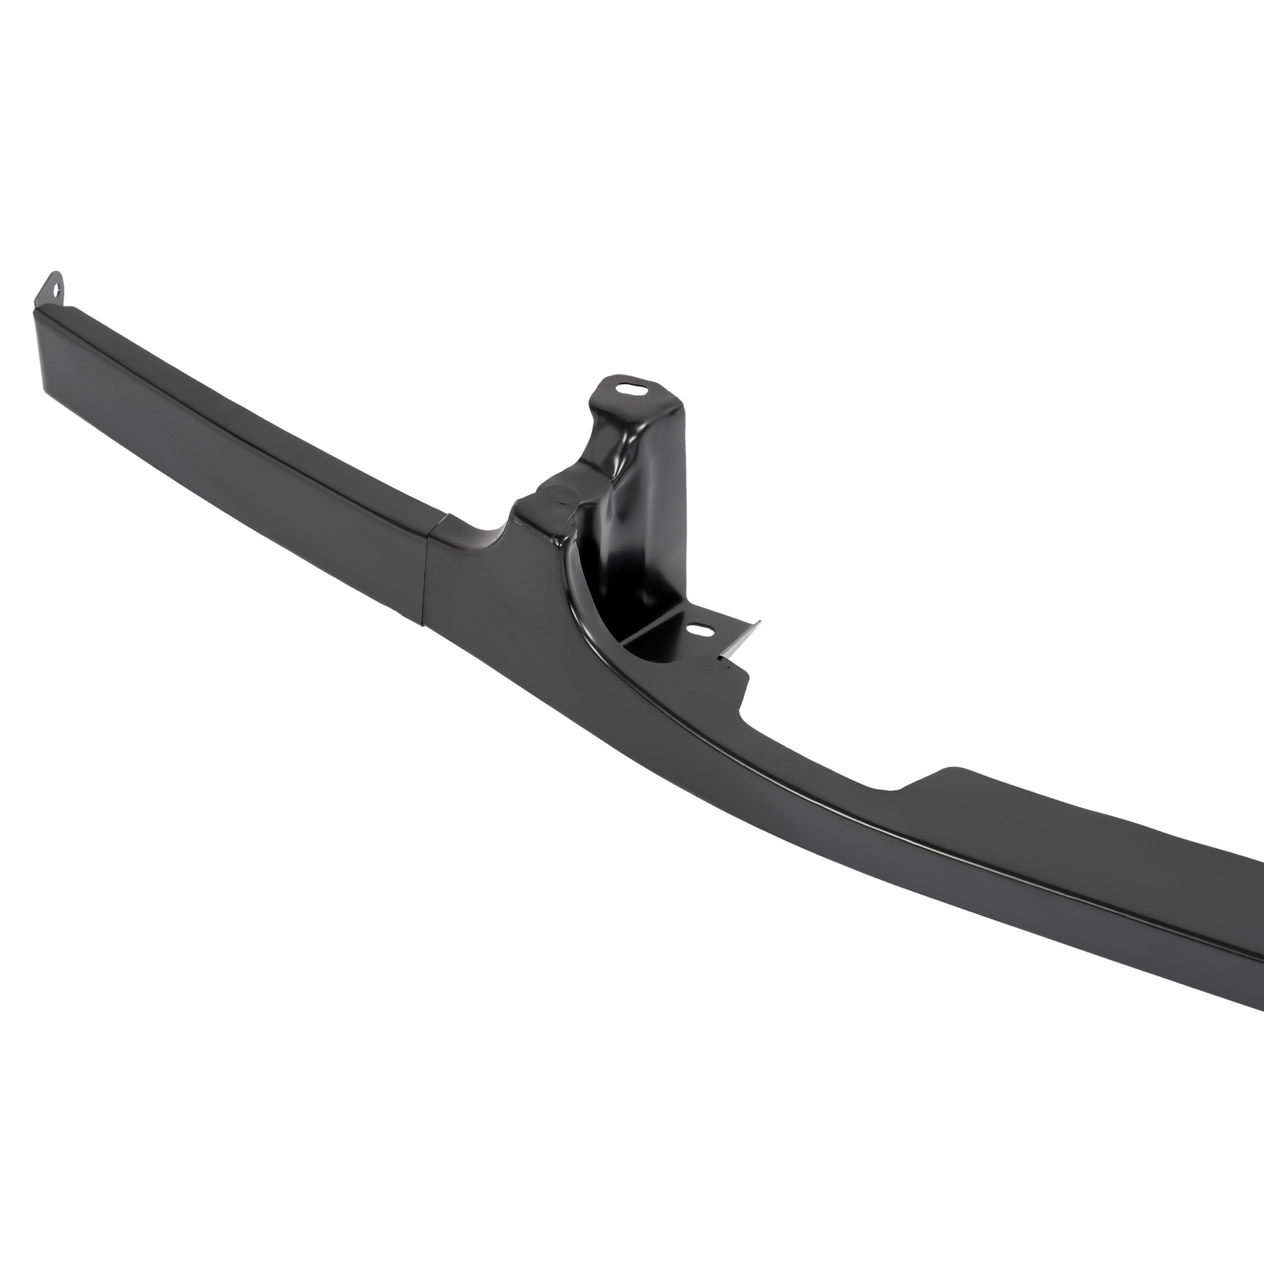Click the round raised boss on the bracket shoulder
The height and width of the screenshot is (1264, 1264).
(x=562, y=495)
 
